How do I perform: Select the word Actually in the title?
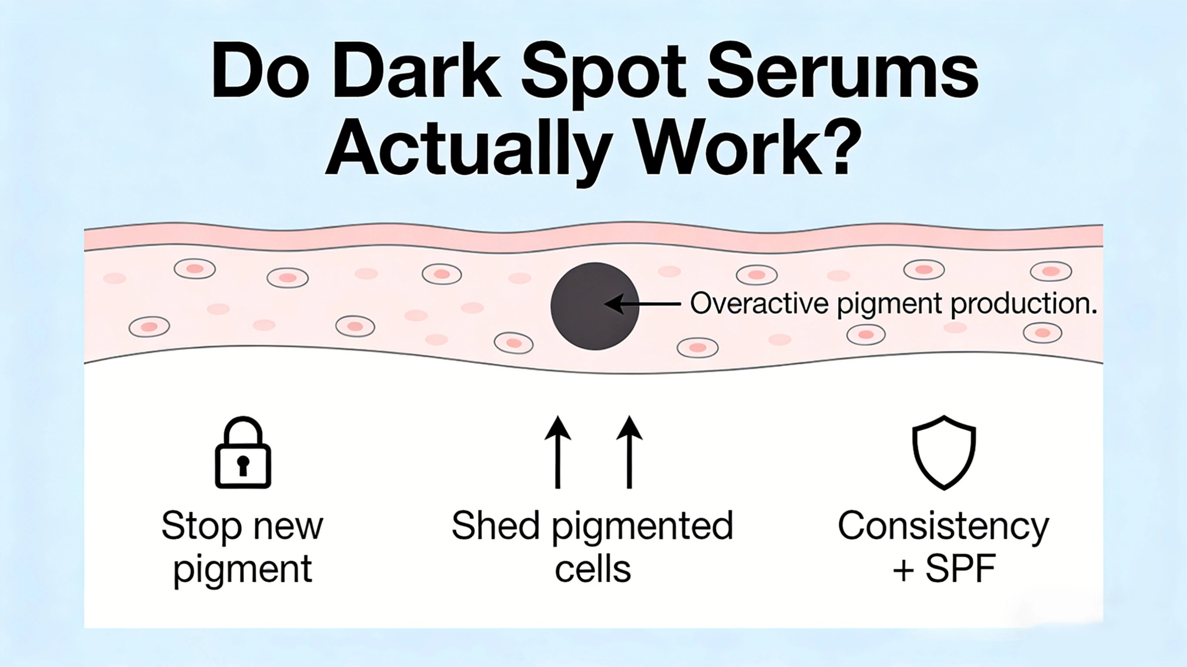point(465,150)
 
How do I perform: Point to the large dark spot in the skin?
point(594,306)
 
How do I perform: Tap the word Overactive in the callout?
point(760,304)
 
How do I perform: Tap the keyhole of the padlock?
point(243,465)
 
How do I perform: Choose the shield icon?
point(944,452)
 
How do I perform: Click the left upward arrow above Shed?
point(557,451)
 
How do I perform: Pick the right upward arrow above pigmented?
point(629,451)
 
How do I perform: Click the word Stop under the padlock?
point(201,526)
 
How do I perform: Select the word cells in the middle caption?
point(593,569)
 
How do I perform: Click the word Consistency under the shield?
point(943,527)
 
